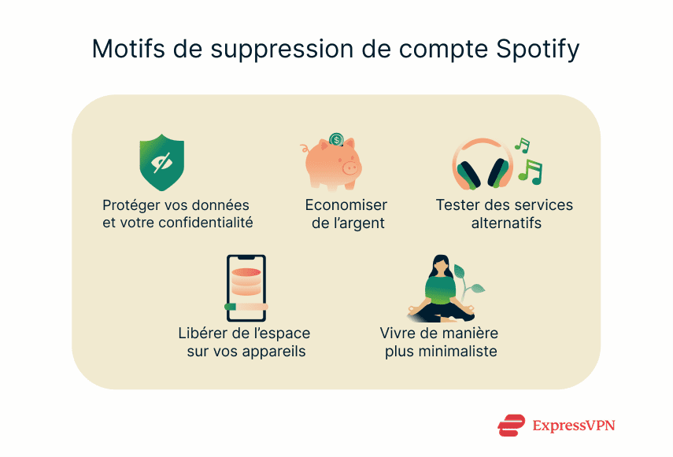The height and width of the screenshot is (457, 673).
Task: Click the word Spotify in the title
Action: [x=538, y=49]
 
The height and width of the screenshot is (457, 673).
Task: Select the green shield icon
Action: [x=161, y=162]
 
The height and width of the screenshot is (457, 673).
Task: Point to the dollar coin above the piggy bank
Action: [x=337, y=139]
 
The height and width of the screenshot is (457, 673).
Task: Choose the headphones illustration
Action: [x=482, y=164]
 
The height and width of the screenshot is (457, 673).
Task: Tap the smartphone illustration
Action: [x=246, y=288]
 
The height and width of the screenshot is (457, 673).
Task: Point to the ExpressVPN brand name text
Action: [x=574, y=426]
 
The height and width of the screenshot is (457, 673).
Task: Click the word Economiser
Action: [x=346, y=205]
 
